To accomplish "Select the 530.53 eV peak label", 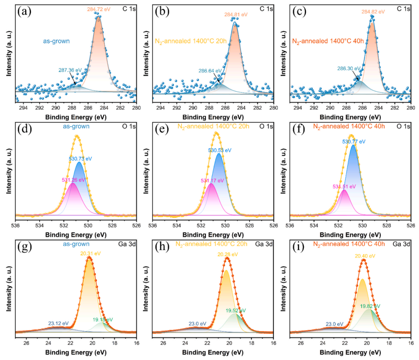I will click(220, 150).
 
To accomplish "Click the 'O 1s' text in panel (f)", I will click(400, 124).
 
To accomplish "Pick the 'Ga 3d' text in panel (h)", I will click(261, 243).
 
